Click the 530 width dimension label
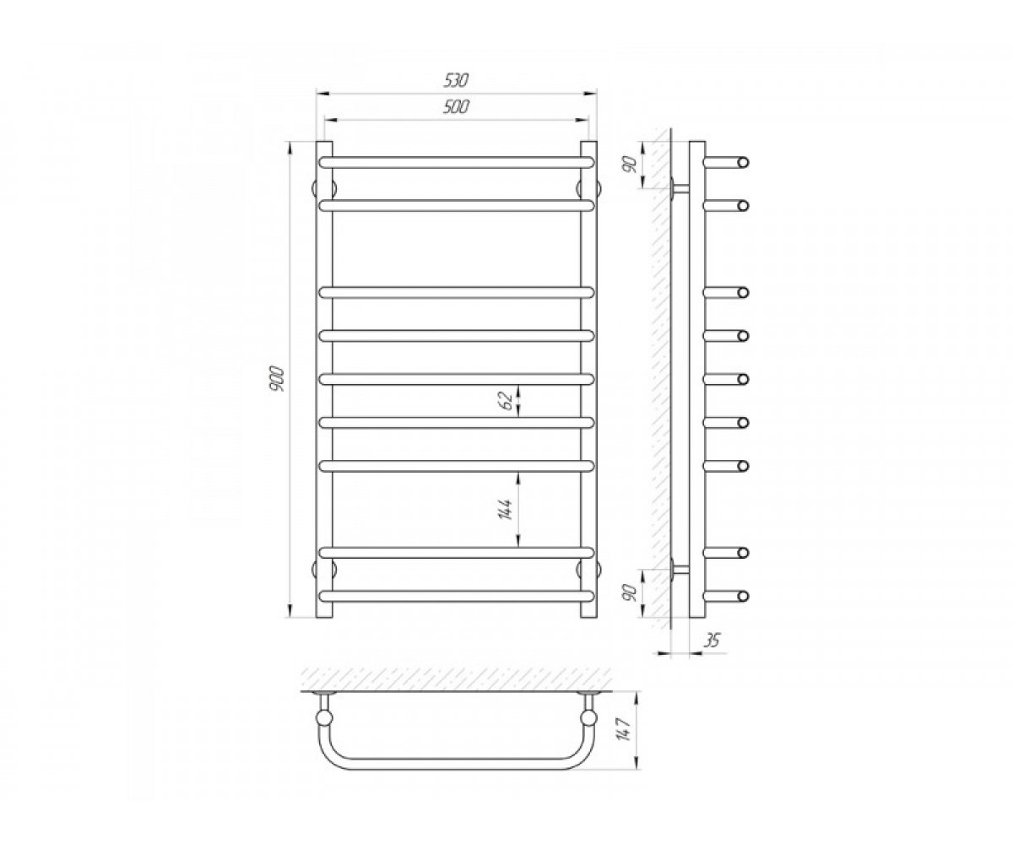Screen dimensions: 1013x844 (x=456, y=80)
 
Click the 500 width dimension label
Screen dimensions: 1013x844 (x=456, y=106)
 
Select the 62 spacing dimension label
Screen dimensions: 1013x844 (x=506, y=401)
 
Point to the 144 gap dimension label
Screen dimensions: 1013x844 (x=505, y=509)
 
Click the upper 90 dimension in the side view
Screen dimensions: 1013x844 (x=629, y=166)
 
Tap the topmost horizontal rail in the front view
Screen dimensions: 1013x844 (x=456, y=163)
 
